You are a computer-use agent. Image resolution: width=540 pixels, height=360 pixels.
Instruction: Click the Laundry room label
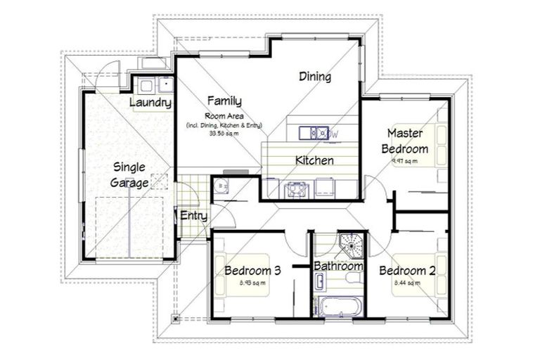(x=151, y=103)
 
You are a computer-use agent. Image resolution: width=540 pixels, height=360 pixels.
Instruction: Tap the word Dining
(x=314, y=77)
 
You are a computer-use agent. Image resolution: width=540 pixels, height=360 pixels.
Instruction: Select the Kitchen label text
(x=314, y=160)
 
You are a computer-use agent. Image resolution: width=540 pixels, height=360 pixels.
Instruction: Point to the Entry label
(x=193, y=215)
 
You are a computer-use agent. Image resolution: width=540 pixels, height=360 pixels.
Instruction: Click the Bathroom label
(x=338, y=266)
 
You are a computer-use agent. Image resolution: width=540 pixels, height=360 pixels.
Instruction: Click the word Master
(x=404, y=133)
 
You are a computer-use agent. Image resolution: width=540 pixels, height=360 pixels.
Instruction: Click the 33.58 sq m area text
(x=224, y=133)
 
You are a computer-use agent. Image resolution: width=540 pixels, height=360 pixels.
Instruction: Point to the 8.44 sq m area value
(x=406, y=283)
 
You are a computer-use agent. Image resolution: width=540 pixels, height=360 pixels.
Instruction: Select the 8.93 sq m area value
(x=252, y=283)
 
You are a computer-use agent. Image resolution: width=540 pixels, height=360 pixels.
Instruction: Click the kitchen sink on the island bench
(x=314, y=132)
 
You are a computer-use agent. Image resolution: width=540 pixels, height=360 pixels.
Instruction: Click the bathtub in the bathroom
(x=339, y=307)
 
